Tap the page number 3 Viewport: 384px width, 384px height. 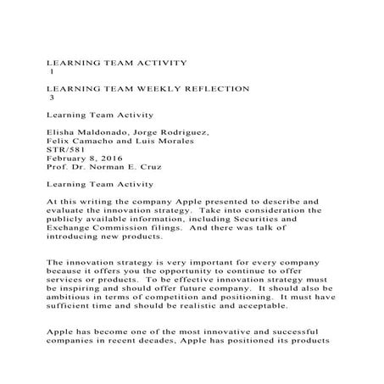tap(53, 97)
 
